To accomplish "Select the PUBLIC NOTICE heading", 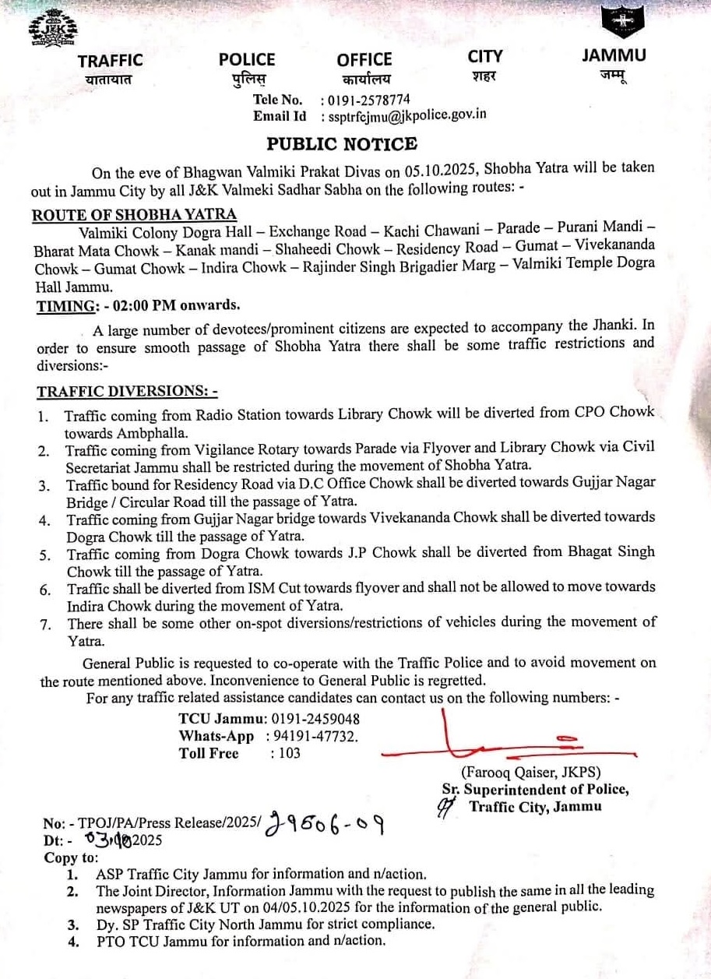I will (342, 144).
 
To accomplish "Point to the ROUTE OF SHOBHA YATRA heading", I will (135, 215).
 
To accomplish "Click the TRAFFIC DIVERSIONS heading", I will (128, 391).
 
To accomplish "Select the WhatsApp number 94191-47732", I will (314, 736).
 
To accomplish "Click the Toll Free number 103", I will (289, 753).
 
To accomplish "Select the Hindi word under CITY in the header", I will (484, 76).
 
